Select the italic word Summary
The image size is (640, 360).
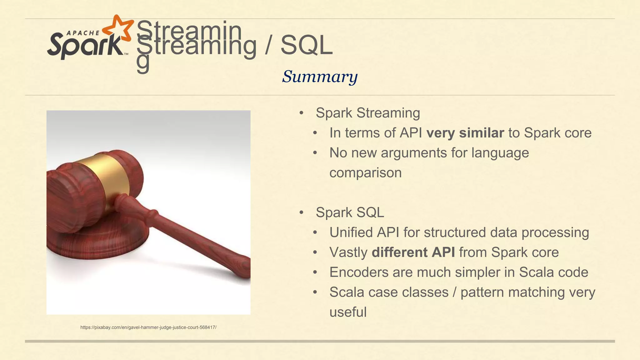(319, 76)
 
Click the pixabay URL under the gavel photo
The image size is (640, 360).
(148, 327)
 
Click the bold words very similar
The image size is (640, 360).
(465, 133)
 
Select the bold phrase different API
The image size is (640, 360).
(413, 252)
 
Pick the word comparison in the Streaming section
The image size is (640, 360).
(365, 173)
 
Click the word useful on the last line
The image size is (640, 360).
(348, 312)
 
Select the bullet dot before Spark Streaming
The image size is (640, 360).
(301, 113)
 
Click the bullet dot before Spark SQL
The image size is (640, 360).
(301, 213)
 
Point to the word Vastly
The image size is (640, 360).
(348, 252)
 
